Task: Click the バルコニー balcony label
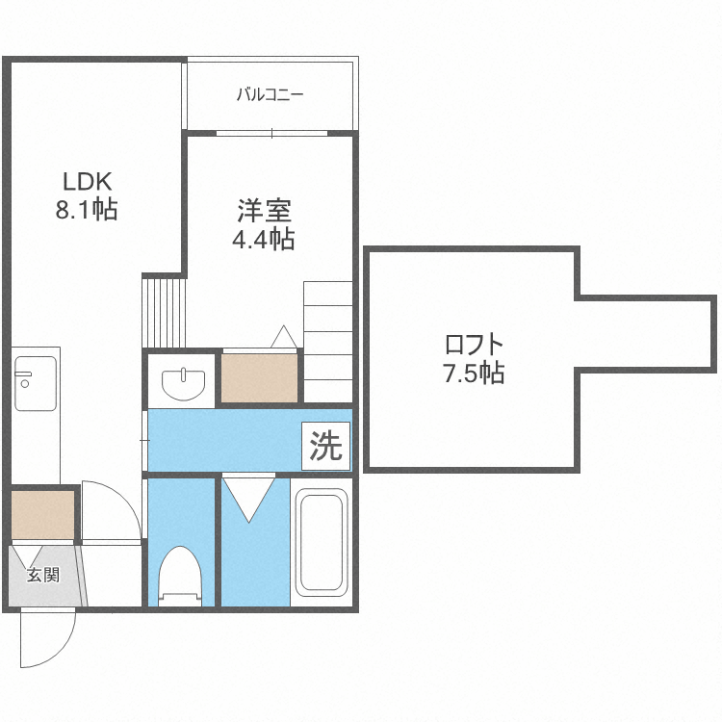(271, 95)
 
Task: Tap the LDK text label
(87, 182)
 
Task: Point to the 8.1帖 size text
(87, 210)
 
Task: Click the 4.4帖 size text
(264, 239)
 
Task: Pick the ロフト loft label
(474, 344)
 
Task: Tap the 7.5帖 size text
(474, 373)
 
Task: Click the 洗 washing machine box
(326, 446)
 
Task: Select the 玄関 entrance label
(42, 575)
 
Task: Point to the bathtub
(322, 542)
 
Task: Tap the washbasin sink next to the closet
(183, 384)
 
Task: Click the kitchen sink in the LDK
(36, 383)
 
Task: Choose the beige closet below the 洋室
(259, 378)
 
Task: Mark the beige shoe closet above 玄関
(42, 515)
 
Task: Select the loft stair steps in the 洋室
(328, 342)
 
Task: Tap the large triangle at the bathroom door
(248, 500)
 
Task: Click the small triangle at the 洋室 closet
(284, 337)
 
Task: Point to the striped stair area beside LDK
(164, 312)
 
